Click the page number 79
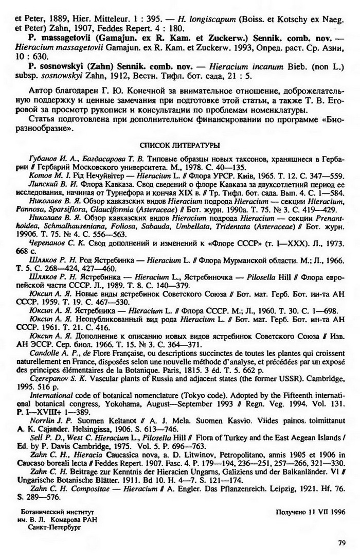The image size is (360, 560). pos(341,542)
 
